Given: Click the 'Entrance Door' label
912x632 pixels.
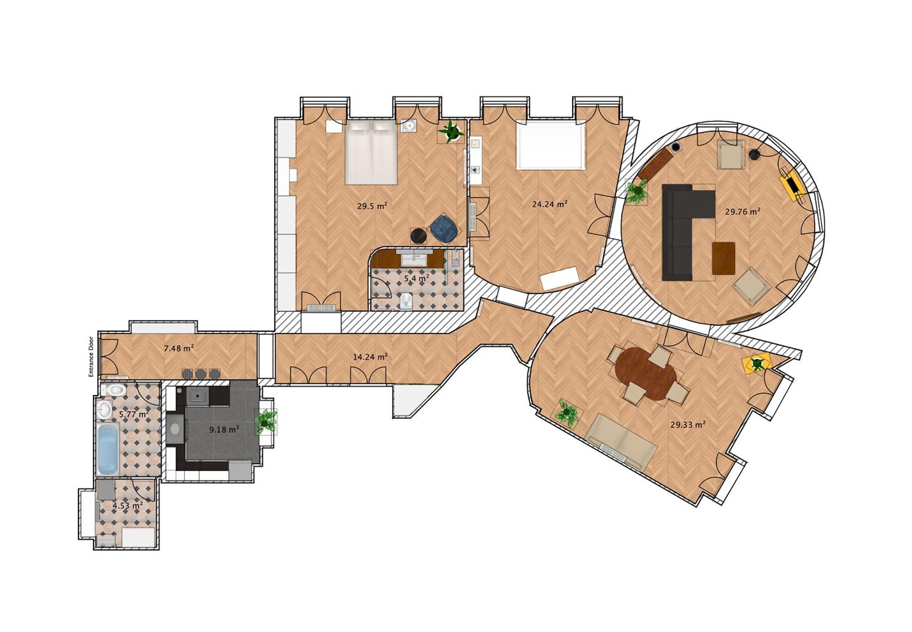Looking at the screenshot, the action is click(91, 356).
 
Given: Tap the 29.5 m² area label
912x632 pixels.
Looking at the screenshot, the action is click(371, 206).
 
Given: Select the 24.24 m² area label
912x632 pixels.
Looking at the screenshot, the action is click(549, 204).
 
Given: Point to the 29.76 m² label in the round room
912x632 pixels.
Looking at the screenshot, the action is click(742, 211).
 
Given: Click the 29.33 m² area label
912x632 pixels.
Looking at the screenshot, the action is click(688, 425).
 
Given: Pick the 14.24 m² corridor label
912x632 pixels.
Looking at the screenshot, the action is click(370, 357).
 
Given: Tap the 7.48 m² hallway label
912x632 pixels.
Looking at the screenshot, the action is click(179, 348).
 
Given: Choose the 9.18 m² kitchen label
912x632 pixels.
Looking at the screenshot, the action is click(224, 429).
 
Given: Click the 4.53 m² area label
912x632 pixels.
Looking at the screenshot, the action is click(128, 506).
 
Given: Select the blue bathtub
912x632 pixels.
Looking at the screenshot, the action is click(108, 449).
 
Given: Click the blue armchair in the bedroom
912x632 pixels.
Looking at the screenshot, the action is click(443, 228).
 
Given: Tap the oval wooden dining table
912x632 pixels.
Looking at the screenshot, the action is click(645, 374).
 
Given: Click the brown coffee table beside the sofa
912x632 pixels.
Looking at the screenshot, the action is click(723, 258).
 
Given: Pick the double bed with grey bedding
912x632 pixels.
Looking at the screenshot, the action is click(371, 152).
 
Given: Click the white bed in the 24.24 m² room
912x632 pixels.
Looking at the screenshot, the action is click(551, 144).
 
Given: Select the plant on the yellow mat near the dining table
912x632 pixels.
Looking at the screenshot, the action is click(757, 363).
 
